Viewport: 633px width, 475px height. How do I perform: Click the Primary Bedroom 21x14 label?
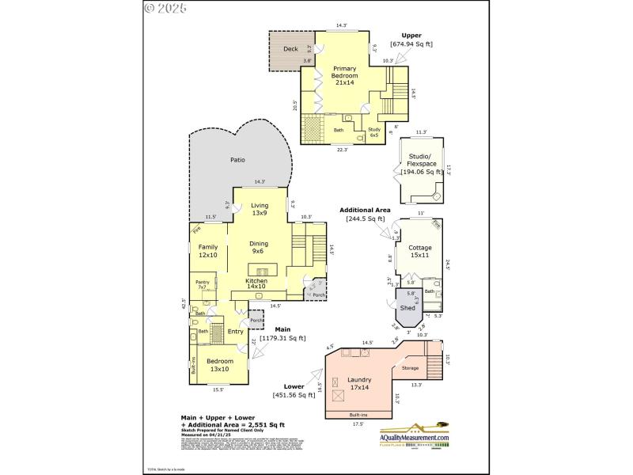point(345,77)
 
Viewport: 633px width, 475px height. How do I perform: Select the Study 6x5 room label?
point(374,132)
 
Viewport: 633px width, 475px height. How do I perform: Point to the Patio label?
point(237,160)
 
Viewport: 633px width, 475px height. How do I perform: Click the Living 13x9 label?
point(260,209)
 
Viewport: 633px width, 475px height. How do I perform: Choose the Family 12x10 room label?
point(207,251)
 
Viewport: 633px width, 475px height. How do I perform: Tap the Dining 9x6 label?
point(259,248)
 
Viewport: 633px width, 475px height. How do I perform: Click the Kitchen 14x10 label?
point(256,284)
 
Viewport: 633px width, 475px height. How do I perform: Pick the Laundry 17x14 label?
point(360,384)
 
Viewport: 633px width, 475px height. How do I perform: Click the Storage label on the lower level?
point(410,368)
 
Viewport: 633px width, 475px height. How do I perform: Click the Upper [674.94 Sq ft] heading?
point(411,40)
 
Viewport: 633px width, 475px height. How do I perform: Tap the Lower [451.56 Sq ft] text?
point(299,391)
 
